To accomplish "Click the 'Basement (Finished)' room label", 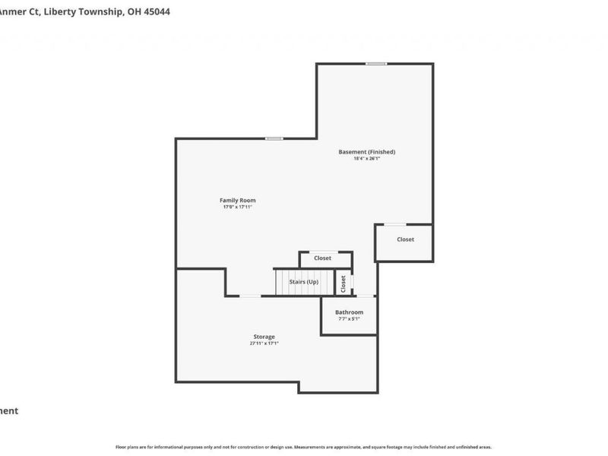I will pos(366,152).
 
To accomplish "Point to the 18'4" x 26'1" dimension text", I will pos(366,159).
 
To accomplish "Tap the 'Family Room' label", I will pos(237,201).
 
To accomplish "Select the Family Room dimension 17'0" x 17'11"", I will pos(237,207).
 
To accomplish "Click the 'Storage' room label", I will pos(264,337).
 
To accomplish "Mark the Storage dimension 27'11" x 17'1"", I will pos(264,344).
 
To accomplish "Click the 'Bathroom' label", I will pos(349,312).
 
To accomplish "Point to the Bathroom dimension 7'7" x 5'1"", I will pos(349,319).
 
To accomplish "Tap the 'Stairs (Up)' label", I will pos(303,282).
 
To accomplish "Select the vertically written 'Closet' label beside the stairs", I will pos(344,283).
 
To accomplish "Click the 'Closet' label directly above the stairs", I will pos(322,258).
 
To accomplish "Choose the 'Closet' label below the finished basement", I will pos(405,239).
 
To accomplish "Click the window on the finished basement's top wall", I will pos(375,64).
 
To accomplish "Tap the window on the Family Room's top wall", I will pos(274,138).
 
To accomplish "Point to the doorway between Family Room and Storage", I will pos(250,296).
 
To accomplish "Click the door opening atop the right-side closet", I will pos(395,224).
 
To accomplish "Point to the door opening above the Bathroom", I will pos(365,296).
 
